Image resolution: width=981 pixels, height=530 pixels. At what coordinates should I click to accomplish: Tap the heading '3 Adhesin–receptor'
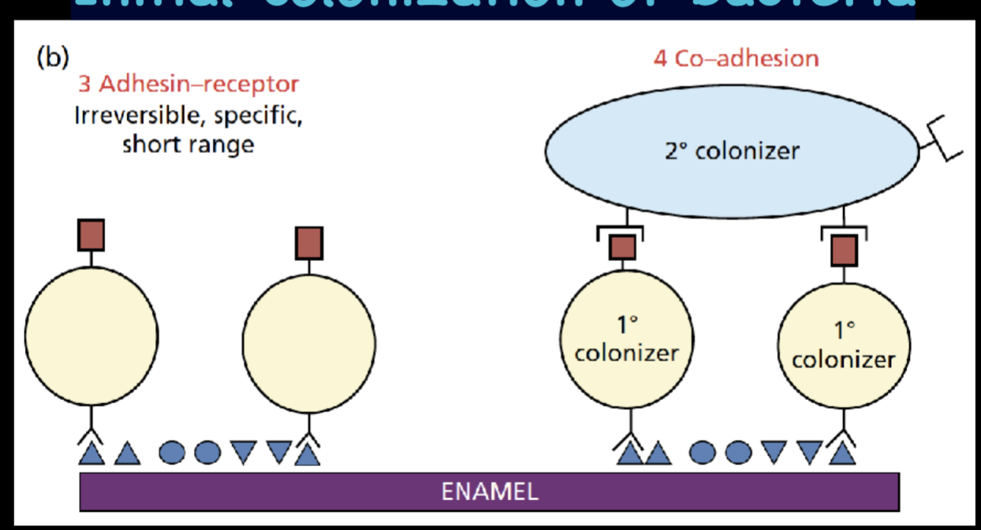pyautogui.click(x=188, y=84)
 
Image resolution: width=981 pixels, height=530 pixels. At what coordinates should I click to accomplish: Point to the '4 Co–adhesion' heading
pyautogui.click(x=736, y=58)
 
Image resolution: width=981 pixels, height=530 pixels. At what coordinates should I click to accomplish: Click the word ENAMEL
pyautogui.click(x=490, y=492)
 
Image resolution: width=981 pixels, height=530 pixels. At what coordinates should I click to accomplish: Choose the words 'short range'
pyautogui.click(x=188, y=145)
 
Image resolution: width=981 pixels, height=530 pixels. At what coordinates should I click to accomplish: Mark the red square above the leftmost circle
pyautogui.click(x=91, y=235)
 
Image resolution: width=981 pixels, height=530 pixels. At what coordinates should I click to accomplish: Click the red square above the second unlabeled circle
pyautogui.click(x=308, y=243)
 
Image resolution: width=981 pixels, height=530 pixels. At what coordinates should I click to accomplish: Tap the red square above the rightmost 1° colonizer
pyautogui.click(x=844, y=250)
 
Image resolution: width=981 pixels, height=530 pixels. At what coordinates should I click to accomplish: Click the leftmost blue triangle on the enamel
pyautogui.click(x=91, y=453)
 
